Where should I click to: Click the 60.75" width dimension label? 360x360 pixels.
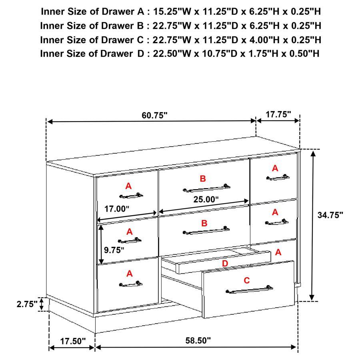(154, 115)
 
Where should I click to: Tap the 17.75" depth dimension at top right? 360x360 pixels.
(278, 114)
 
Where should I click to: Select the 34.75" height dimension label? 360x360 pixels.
(330, 215)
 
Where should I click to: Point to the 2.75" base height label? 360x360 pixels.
(27, 304)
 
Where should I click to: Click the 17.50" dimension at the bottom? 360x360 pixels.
(73, 341)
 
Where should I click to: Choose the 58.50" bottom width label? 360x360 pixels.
(198, 341)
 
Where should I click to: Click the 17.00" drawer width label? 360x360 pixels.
(117, 208)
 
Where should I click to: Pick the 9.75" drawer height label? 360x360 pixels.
(114, 250)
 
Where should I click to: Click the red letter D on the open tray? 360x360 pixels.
(225, 263)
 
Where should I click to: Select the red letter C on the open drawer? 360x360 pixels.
(247, 281)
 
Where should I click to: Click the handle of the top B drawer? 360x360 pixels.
(206, 188)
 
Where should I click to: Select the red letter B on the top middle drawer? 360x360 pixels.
(203, 179)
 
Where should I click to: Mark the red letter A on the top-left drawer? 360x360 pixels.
(128, 186)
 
